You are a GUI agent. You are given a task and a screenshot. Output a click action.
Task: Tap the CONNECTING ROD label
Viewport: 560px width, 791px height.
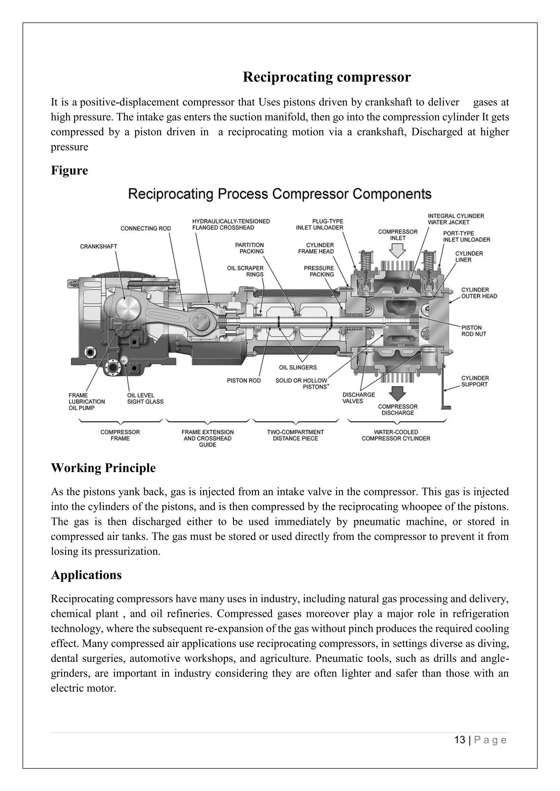[145, 228]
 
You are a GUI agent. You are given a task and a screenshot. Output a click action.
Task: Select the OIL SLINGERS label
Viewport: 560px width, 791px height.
[297, 367]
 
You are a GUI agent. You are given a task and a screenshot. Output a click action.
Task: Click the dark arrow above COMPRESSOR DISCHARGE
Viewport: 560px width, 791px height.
[398, 394]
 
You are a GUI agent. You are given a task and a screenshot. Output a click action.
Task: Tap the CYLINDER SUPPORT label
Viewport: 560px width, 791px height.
[475, 381]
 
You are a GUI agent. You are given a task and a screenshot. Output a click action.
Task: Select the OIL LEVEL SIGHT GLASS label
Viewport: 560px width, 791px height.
[145, 398]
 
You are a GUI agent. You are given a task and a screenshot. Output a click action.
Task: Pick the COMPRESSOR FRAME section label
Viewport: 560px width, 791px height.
[120, 435]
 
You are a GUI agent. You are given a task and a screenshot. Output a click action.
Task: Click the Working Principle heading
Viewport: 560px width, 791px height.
[103, 468]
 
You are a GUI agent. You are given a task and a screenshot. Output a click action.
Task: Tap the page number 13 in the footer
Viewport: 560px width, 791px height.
[460, 740]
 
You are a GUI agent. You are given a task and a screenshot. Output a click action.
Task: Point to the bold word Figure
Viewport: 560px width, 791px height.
[69, 170]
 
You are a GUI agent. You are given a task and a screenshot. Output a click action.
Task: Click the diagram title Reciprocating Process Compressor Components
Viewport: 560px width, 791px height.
[280, 194]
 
